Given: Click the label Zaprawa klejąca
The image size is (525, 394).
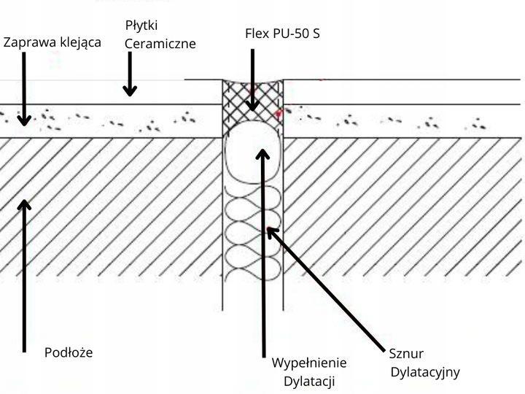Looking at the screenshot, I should (52, 42).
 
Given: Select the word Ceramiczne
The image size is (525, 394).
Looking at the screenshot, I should (160, 44).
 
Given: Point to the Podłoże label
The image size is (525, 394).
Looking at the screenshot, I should (68, 352).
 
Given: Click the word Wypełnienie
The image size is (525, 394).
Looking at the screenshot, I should (309, 363).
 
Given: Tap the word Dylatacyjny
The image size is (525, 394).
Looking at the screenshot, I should (425, 372).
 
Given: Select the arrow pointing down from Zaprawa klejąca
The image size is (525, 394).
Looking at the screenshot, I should (24, 88).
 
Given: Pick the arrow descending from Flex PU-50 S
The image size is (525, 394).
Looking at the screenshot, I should (252, 80).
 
